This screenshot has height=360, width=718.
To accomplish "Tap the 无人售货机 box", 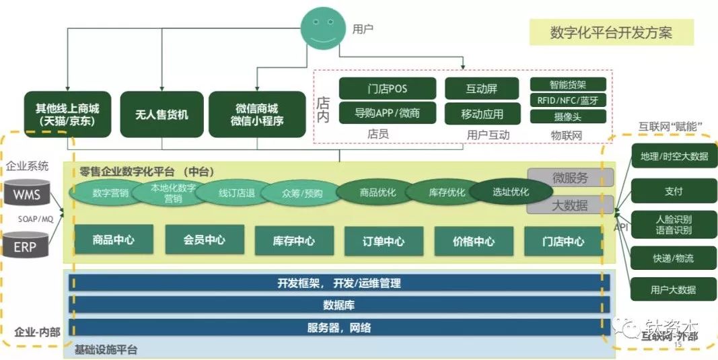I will pos(161,114).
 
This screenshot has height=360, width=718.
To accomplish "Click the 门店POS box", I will pos(387,89).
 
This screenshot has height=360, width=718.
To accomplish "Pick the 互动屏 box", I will pos(482,89).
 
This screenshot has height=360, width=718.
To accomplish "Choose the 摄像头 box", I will pos(568,116).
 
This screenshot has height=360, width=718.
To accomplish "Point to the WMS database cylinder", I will pos(28,195).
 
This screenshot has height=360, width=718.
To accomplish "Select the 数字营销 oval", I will pos(110,193).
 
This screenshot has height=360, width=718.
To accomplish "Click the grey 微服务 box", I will pos(570,178).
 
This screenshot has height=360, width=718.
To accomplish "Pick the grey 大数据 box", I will pos(570,205).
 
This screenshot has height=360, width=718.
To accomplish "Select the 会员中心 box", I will pos(204,240).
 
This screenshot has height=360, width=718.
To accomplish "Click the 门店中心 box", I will pos(563,241).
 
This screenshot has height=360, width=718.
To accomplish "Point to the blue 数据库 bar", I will pos(338,305).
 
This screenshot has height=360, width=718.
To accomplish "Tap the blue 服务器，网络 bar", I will pos(338,328).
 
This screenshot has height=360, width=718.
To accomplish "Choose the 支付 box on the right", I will pos(674,191).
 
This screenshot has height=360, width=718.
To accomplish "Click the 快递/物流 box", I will pos(674,258).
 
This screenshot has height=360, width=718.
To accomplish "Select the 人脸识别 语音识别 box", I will pos(674,225).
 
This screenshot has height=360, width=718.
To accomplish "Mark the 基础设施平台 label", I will pos(106,349).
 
